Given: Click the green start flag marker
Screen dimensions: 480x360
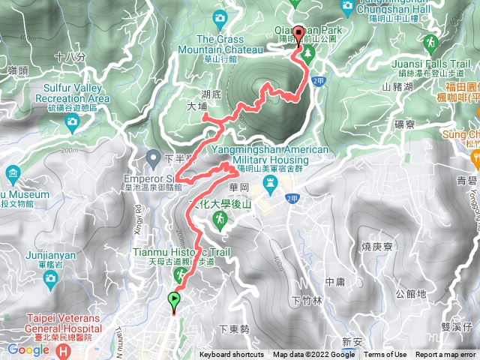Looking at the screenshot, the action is pos(175,300).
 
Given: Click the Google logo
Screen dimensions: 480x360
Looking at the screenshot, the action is pos(28,350).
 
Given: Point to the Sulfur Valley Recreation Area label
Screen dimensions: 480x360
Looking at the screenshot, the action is pos(71,93).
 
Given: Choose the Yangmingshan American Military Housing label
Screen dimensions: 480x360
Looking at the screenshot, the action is pos(270,154).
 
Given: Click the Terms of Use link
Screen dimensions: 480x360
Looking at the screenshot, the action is pos(385,355).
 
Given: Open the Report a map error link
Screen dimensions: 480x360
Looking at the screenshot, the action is pos(446,355).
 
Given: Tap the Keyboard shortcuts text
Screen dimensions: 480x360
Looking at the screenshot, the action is pos(232,355).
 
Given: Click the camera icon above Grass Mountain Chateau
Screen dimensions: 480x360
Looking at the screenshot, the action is pos(220,16).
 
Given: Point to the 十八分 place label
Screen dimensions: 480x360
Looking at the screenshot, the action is pos(70,57).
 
